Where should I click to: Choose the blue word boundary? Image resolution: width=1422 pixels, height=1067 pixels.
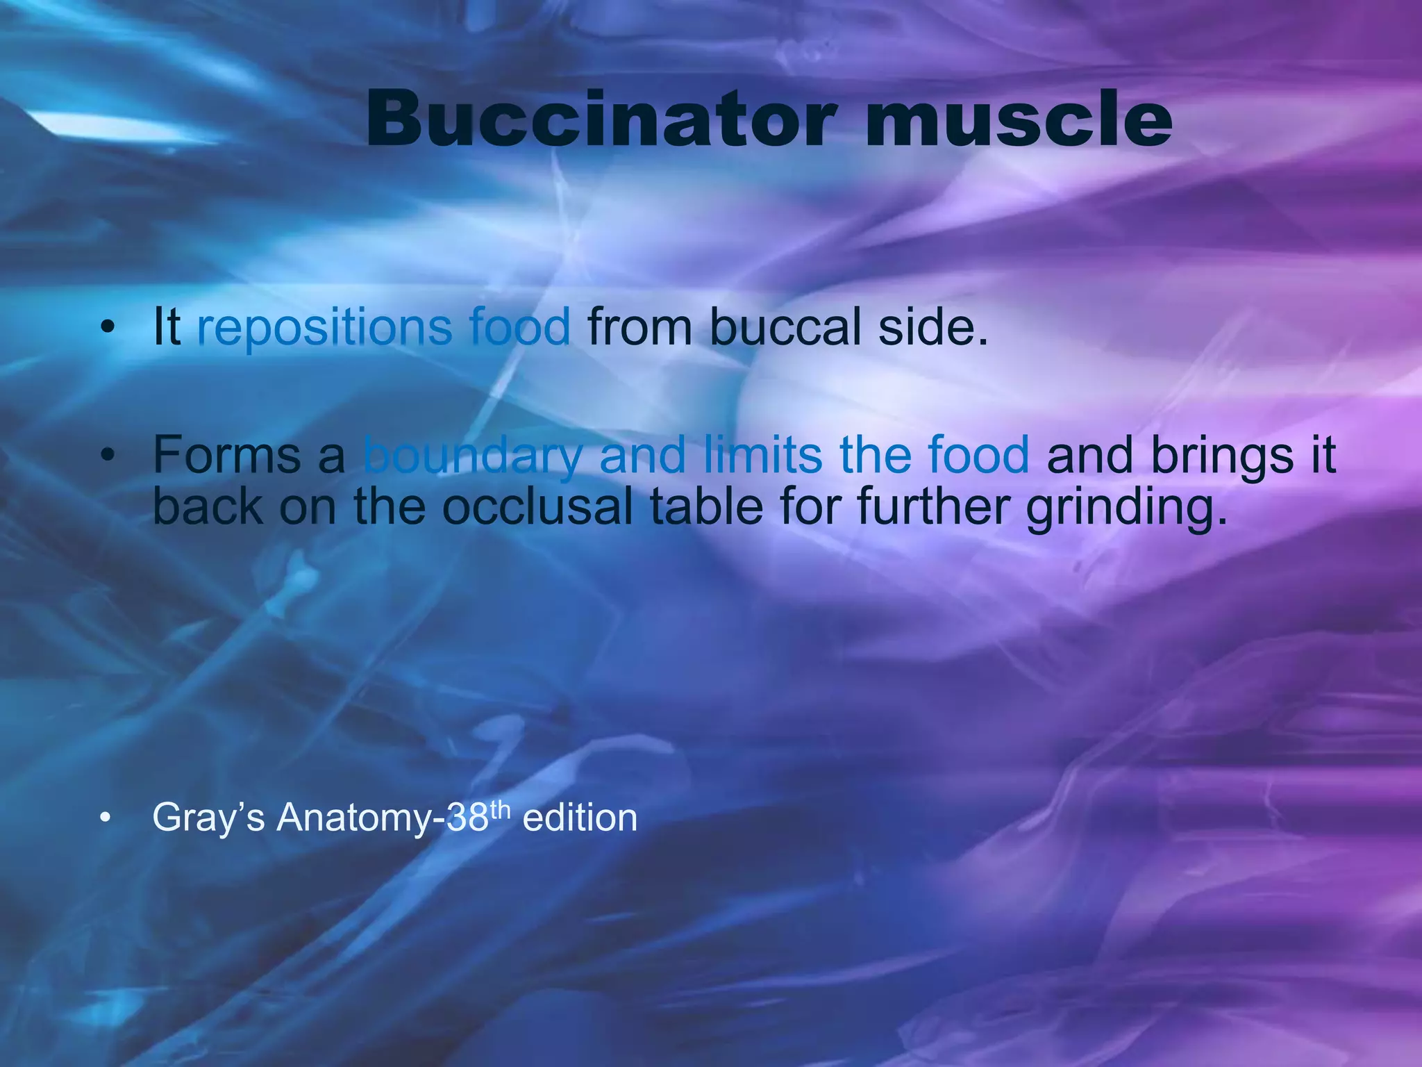472,455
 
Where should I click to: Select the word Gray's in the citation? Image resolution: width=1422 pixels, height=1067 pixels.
208,818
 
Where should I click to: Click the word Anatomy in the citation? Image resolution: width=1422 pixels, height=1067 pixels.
354,818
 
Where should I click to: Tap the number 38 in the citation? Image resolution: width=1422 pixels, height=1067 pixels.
468,818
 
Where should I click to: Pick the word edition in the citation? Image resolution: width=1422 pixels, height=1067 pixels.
580,818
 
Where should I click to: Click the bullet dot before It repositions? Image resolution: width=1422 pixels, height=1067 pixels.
106,328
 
